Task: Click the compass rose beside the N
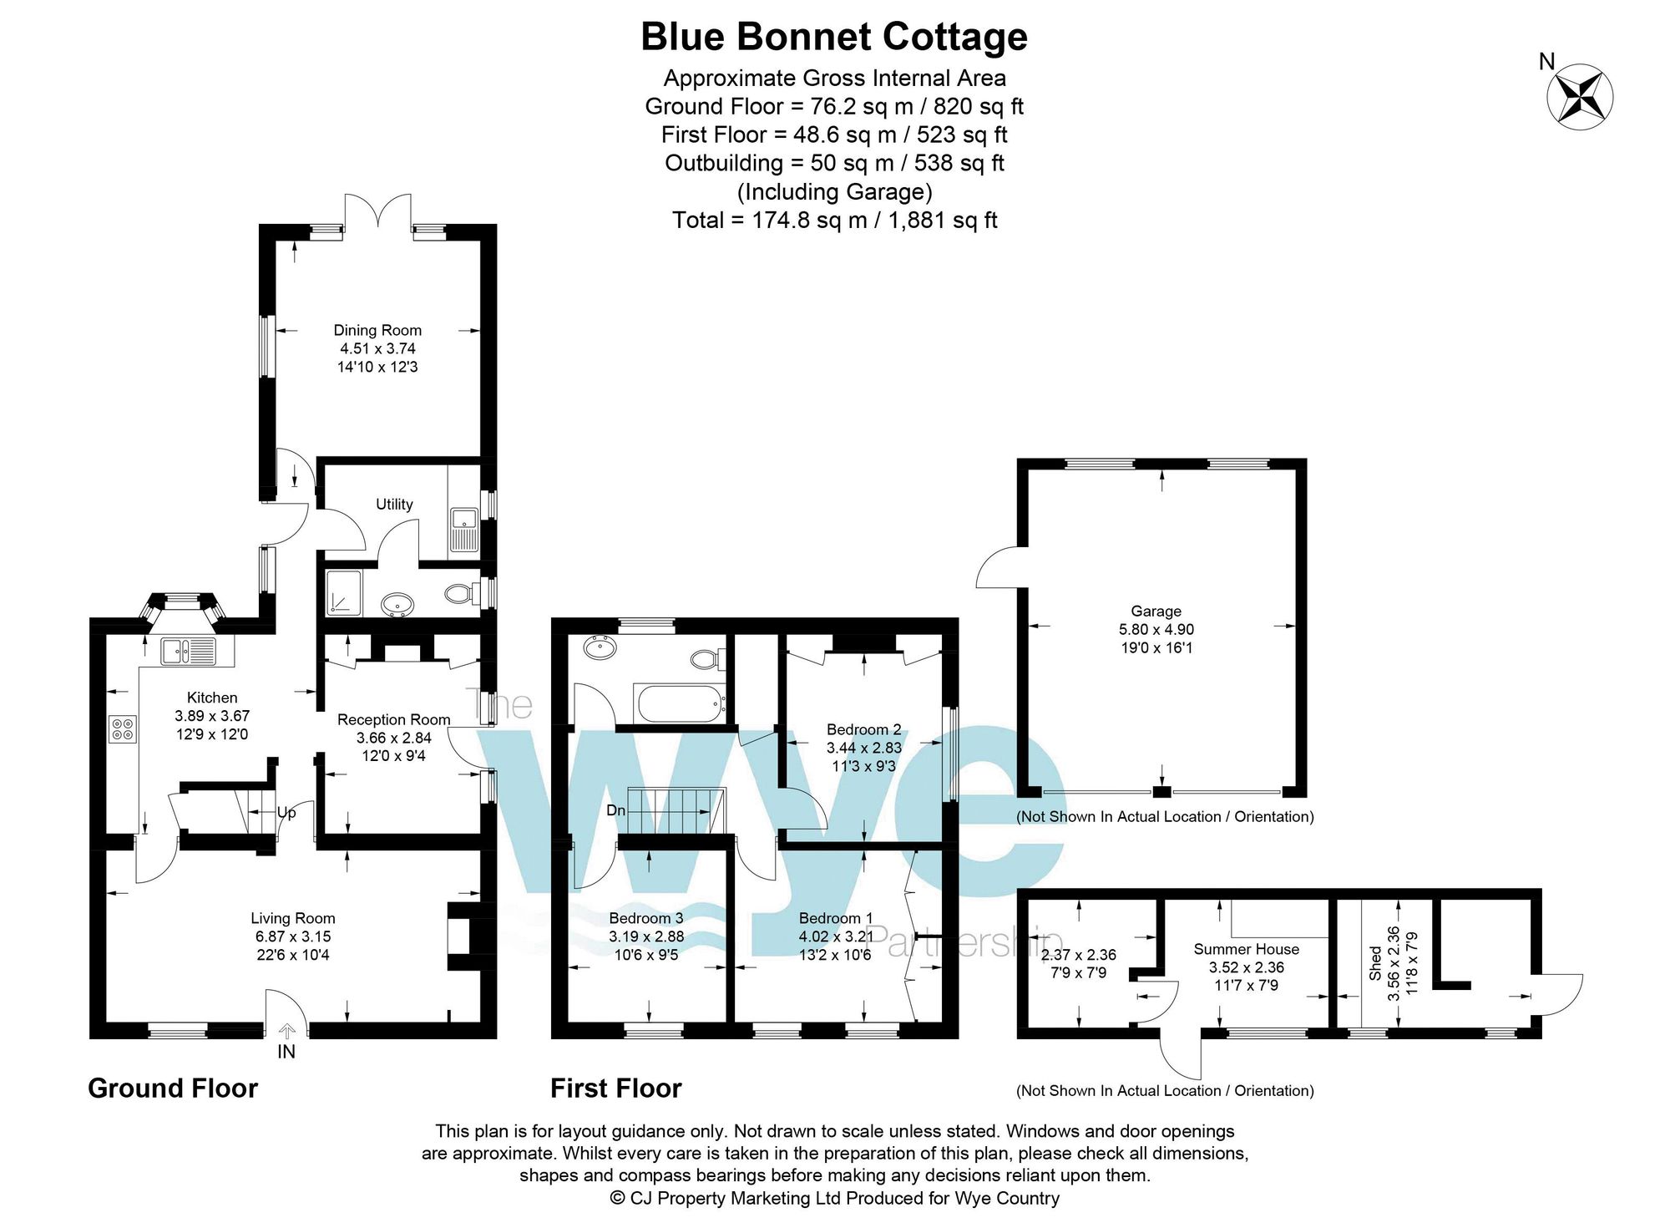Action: (1580, 98)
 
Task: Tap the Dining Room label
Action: (377, 330)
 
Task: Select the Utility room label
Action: (394, 504)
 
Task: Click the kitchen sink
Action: (188, 651)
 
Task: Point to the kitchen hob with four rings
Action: (122, 729)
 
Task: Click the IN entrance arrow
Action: (286, 1033)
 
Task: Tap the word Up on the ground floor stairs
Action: (286, 812)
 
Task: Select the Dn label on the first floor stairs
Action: (616, 810)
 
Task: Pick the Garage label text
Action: (1156, 611)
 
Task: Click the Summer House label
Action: (1246, 949)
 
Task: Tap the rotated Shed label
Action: (1374, 963)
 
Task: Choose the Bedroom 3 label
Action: (645, 918)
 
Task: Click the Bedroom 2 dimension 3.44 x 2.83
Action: (864, 748)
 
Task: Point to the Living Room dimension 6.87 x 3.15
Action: (293, 936)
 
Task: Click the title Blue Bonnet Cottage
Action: (834, 37)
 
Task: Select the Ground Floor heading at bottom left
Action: (173, 1088)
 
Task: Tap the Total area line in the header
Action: (835, 220)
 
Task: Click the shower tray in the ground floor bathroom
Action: (345, 593)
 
